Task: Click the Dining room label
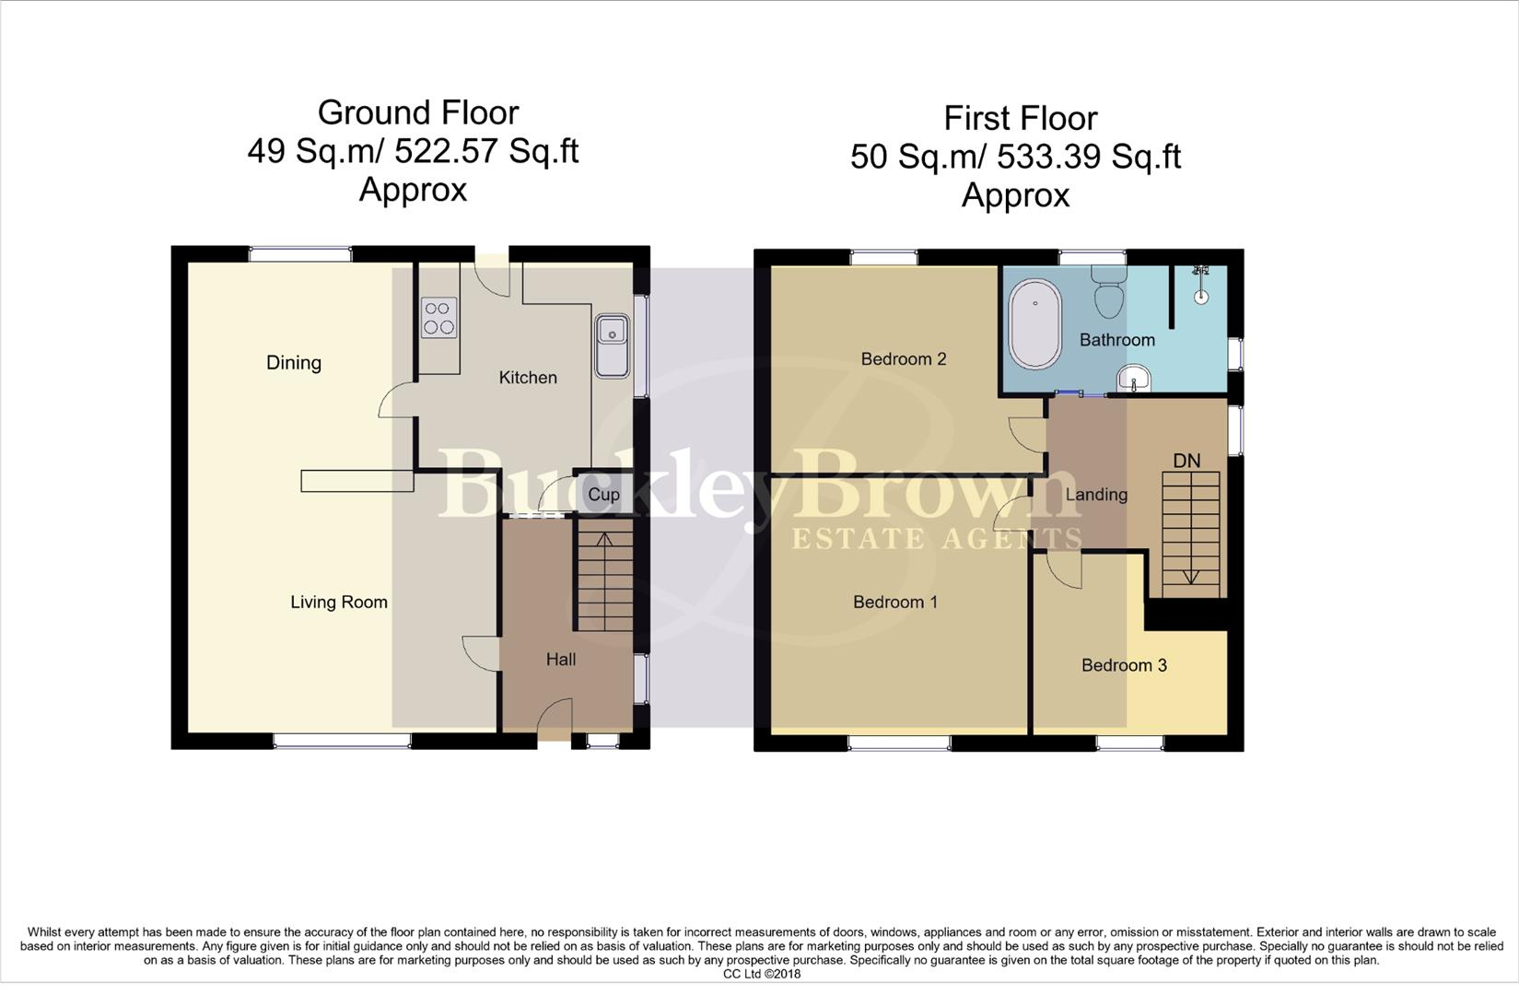tap(294, 363)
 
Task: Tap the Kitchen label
tap(528, 378)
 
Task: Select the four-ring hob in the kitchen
tap(439, 318)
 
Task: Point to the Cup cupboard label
tap(603, 495)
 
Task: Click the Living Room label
tap(339, 603)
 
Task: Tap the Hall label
tap(561, 660)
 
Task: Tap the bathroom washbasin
tap(1134, 378)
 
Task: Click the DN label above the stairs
tap(1186, 461)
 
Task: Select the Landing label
tap(1096, 495)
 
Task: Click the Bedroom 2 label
tap(904, 359)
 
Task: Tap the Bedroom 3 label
tap(1124, 665)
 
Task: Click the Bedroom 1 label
tap(895, 603)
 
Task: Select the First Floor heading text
tap(1021, 119)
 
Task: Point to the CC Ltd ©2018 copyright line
tap(762, 974)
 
